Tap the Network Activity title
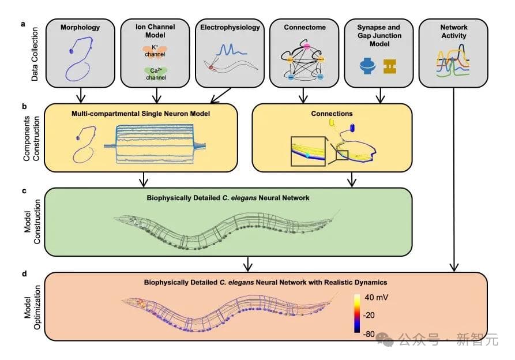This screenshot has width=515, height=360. (x=454, y=31)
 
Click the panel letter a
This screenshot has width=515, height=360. (x=24, y=24)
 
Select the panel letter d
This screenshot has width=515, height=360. (x=24, y=273)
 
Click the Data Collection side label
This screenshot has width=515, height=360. (x=35, y=53)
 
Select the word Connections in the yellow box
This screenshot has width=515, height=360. (x=334, y=114)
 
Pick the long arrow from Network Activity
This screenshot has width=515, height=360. (x=454, y=179)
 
